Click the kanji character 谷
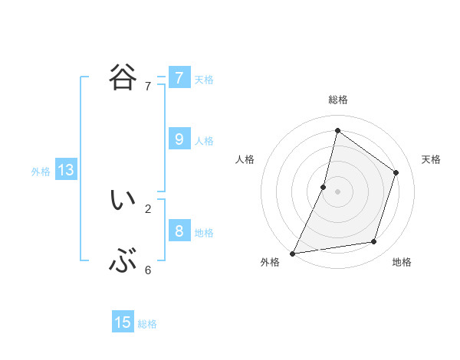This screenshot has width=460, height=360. click(x=123, y=77)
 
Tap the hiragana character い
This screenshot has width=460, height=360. click(x=123, y=200)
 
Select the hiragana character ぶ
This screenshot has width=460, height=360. click(x=123, y=262)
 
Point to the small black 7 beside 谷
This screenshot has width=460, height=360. click(x=148, y=87)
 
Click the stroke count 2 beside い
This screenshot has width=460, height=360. click(x=148, y=208)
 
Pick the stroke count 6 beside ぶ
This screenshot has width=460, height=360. click(x=148, y=270)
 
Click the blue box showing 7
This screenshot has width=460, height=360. click(x=179, y=78)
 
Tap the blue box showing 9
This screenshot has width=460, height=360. click(x=179, y=139)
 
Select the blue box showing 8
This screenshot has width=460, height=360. click(x=179, y=231)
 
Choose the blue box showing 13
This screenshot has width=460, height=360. click(x=66, y=170)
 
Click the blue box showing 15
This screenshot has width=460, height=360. click(x=123, y=322)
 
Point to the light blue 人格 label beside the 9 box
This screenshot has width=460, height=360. click(x=204, y=141)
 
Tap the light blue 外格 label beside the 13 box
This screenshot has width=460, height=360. click(x=41, y=172)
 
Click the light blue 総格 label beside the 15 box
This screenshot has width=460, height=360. click(x=147, y=324)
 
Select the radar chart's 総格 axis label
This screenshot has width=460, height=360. click(x=337, y=100)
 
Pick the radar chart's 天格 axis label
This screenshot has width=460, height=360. click(x=431, y=159)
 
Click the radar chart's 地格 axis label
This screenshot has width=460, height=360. click(x=402, y=262)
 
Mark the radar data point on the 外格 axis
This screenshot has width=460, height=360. click(x=293, y=253)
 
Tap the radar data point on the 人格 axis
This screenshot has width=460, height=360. click(x=324, y=187)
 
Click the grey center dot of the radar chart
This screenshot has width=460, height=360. click(x=337, y=191)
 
